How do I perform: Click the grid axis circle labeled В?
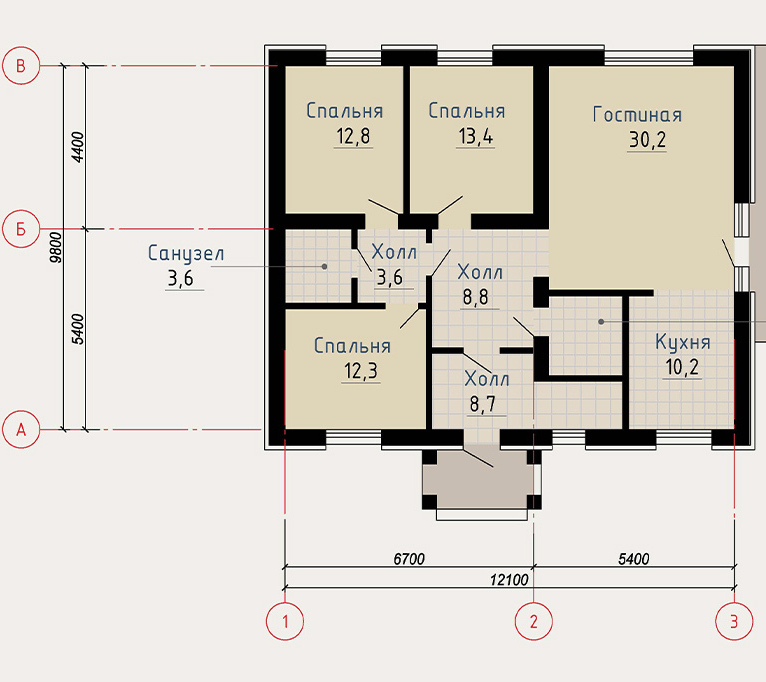click(x=21, y=66)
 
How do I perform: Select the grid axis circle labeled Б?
click(x=21, y=229)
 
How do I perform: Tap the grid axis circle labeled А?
click(x=21, y=430)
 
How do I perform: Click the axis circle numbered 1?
click(x=285, y=621)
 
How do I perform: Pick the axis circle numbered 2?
click(x=533, y=621)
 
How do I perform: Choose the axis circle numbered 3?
click(x=734, y=621)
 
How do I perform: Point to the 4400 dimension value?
click(x=78, y=147)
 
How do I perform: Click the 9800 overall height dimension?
click(x=56, y=248)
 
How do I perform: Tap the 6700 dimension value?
click(x=409, y=559)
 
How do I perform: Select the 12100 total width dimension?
click(x=509, y=580)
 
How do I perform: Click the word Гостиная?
click(x=637, y=115)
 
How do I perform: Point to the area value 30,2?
click(x=647, y=140)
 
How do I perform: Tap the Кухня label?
click(x=682, y=342)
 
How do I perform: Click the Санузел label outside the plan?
click(x=186, y=253)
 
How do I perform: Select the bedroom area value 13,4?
click(x=476, y=136)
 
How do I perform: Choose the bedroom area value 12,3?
click(x=361, y=371)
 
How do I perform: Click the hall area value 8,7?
click(x=483, y=404)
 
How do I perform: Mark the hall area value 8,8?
click(x=475, y=297)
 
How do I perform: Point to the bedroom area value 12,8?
click(x=353, y=136)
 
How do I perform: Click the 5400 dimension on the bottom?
click(x=634, y=559)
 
